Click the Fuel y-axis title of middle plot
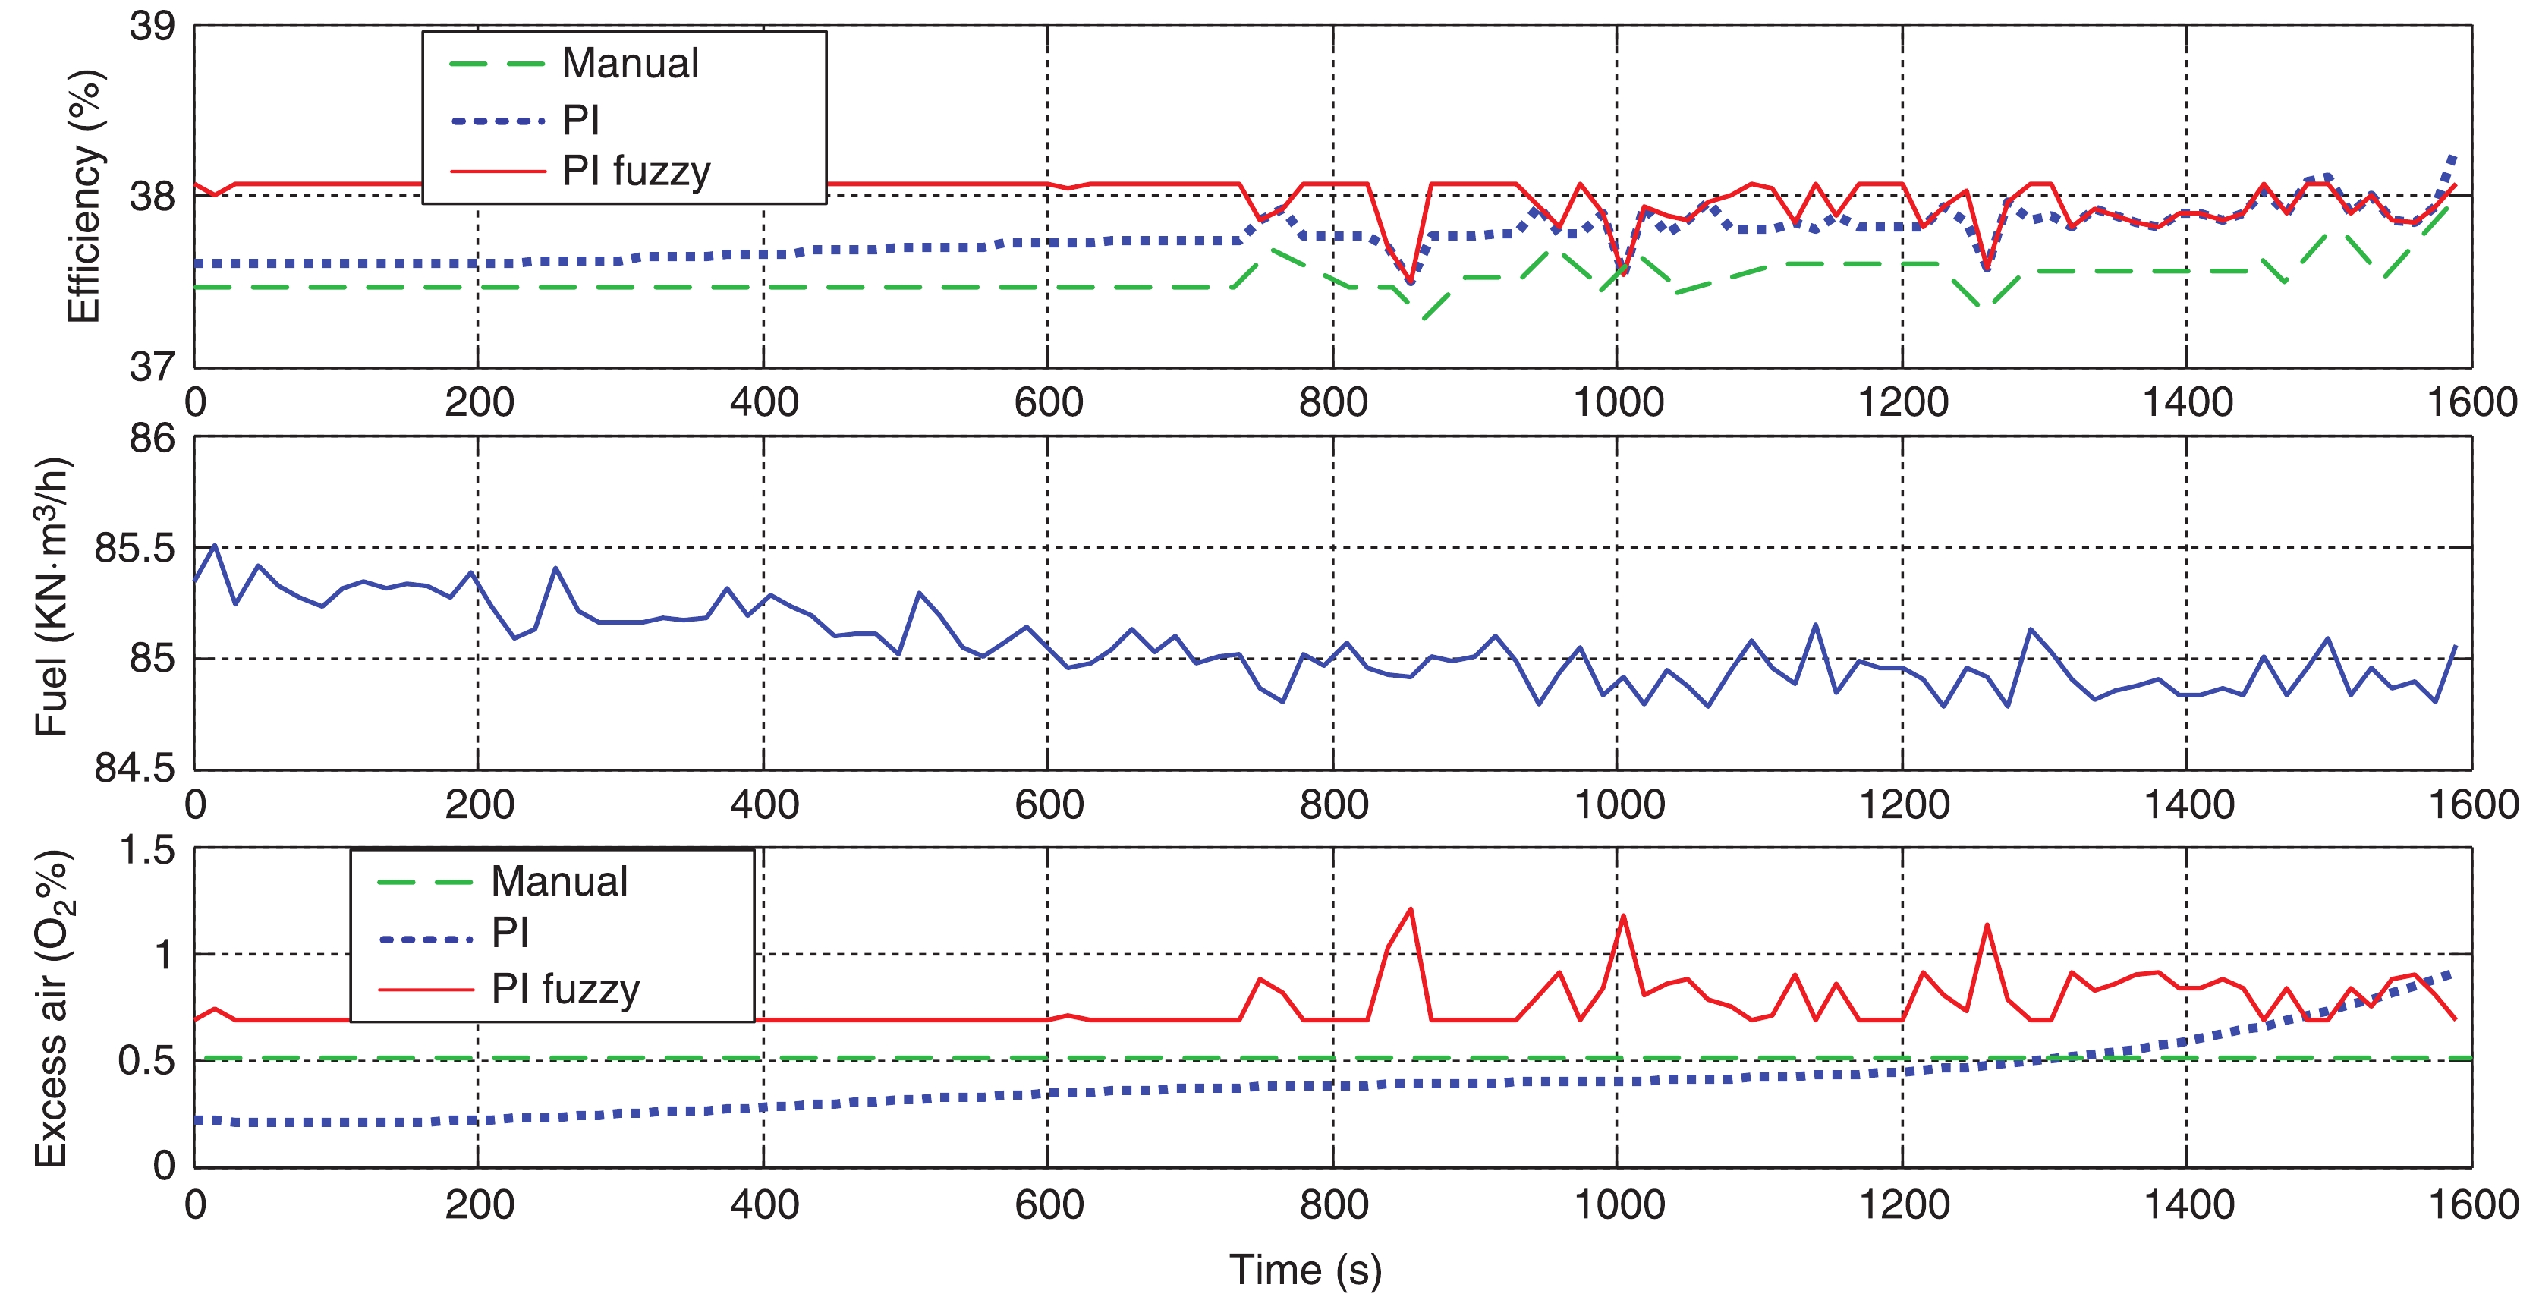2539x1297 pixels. [x=52, y=597]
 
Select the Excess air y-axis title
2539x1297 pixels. [x=52, y=1007]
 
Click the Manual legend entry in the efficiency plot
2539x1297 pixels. [x=629, y=64]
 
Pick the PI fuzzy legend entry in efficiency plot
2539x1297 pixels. [x=636, y=172]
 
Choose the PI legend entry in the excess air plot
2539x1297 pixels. [x=511, y=933]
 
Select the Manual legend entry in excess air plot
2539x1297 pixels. [x=558, y=881]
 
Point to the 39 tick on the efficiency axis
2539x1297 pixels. [x=152, y=27]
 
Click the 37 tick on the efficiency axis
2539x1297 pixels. [x=152, y=367]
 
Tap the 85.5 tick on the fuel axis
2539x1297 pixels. [x=134, y=548]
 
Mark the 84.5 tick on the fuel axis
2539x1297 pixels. [x=134, y=768]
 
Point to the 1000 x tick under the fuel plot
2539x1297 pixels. [x=1619, y=804]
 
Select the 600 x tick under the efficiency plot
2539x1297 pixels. [x=1048, y=402]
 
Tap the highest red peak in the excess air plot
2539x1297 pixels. [x=1411, y=910]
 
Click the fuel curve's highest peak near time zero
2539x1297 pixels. [x=215, y=545]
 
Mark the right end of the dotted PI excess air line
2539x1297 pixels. [x=2450, y=974]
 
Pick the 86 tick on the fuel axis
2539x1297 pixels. [x=152, y=439]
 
